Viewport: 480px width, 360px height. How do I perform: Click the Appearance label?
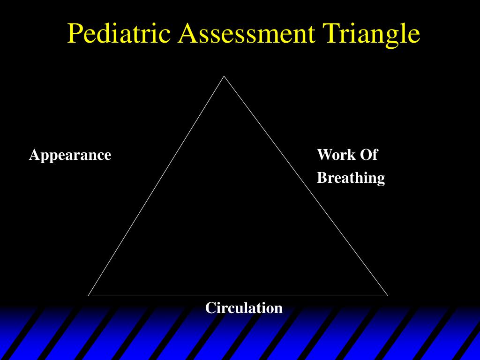(70, 155)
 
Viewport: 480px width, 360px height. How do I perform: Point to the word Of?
(368, 155)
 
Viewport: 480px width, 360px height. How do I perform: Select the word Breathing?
(351, 178)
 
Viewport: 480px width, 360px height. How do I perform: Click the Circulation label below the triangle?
(244, 308)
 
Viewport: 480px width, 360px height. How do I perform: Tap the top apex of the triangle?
(224, 76)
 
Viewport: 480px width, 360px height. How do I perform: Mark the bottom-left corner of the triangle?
(89, 295)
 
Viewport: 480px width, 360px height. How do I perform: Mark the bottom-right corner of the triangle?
(387, 295)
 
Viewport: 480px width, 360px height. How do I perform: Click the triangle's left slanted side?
(157, 186)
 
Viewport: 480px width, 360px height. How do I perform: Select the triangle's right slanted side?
(306, 186)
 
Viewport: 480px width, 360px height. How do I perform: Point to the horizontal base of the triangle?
(238, 296)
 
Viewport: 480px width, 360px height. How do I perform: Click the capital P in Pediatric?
(75, 34)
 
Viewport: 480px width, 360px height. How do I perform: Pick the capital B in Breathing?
(322, 178)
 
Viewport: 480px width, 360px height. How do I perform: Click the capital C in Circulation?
(210, 308)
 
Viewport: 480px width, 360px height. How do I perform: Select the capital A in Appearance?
(33, 155)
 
